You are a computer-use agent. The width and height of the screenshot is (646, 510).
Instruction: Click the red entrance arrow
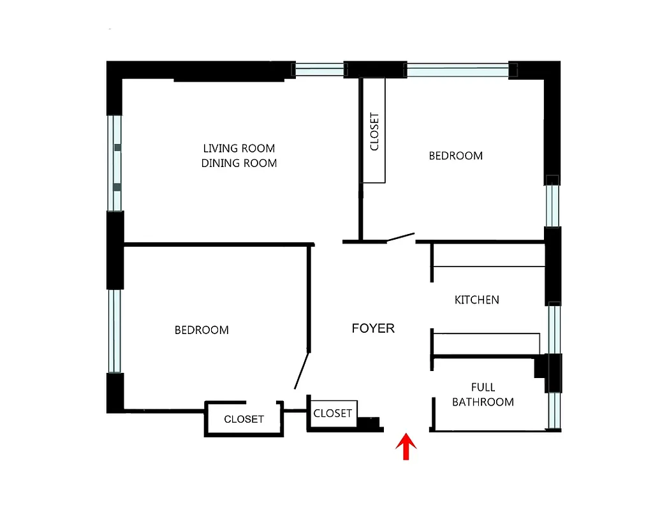click(x=406, y=446)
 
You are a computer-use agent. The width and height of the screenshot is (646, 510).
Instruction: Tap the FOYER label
click(x=373, y=328)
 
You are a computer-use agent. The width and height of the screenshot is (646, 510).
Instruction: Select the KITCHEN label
click(x=476, y=300)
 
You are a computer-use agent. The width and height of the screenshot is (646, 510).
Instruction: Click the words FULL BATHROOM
click(x=483, y=395)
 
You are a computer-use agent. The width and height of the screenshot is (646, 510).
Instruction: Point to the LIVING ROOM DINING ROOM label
click(x=239, y=156)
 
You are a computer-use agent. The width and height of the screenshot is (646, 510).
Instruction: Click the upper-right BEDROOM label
click(x=455, y=156)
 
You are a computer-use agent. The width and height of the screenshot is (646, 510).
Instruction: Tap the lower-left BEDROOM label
click(x=202, y=330)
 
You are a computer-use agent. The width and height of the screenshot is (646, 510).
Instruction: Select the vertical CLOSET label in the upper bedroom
click(x=374, y=131)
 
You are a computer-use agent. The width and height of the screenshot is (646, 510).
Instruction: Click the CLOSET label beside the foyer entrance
click(x=332, y=413)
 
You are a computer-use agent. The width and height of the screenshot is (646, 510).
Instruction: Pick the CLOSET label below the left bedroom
click(x=244, y=419)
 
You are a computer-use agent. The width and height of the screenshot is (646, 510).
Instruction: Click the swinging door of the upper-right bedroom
click(x=400, y=238)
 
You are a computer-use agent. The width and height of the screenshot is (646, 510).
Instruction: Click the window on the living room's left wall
click(x=115, y=163)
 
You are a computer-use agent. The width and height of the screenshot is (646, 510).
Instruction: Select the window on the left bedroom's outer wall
click(x=115, y=331)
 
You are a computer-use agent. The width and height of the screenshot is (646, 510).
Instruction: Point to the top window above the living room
click(x=318, y=69)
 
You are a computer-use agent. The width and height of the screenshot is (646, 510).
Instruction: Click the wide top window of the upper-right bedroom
click(x=457, y=69)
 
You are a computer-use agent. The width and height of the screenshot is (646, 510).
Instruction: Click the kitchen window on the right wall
click(x=554, y=328)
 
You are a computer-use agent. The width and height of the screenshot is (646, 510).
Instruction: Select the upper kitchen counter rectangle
click(x=488, y=254)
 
